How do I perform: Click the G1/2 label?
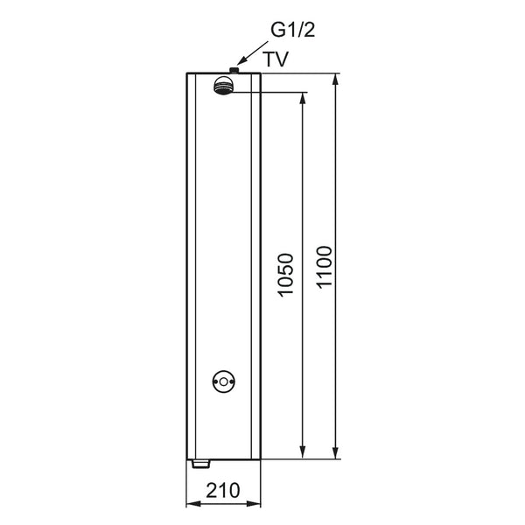point(292,30)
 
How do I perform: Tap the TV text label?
point(276,59)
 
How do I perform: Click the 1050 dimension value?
point(286,276)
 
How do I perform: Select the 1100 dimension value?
point(325,267)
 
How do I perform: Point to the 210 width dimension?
point(223,490)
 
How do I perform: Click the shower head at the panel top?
point(222,85)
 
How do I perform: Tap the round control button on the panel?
point(224,381)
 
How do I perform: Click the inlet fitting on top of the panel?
point(234,70)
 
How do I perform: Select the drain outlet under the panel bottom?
point(200,464)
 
